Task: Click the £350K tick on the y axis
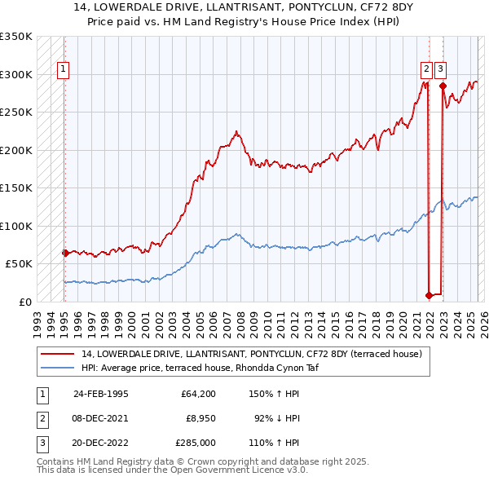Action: [16, 37]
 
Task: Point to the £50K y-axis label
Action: [19, 264]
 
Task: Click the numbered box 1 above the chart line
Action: [63, 70]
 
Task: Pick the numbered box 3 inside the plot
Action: [440, 70]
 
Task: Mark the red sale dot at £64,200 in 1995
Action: [65, 253]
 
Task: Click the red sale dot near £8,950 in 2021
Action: [429, 295]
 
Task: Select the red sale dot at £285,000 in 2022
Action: [443, 86]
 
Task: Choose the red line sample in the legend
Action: [58, 354]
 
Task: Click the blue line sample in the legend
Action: [58, 368]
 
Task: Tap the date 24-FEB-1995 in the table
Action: [101, 393]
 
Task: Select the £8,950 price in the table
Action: [198, 417]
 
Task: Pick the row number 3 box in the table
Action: [42, 442]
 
